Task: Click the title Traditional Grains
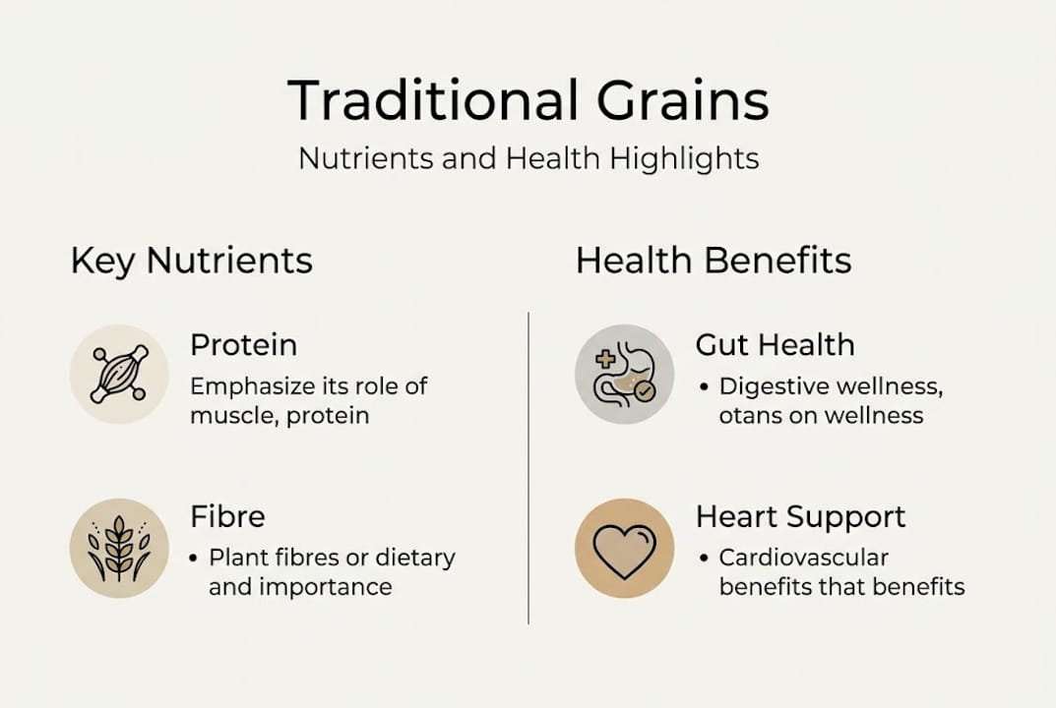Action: [x=528, y=99]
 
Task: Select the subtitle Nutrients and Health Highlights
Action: [x=528, y=158]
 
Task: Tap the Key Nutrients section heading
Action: [x=192, y=261]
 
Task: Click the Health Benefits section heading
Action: [x=714, y=261]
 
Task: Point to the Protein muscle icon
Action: [x=119, y=375]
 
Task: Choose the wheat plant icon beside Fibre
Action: [x=119, y=548]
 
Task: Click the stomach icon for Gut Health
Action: [x=624, y=375]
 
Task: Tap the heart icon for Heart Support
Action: [x=624, y=548]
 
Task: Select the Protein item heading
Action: [x=243, y=345]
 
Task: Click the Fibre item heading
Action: [x=227, y=517]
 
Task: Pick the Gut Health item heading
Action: [x=775, y=345]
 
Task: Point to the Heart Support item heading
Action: [x=800, y=517]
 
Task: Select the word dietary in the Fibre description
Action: [x=418, y=559]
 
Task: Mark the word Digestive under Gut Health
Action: [x=770, y=386]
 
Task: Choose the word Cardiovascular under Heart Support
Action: [x=804, y=559]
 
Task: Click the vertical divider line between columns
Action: [x=528, y=467]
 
